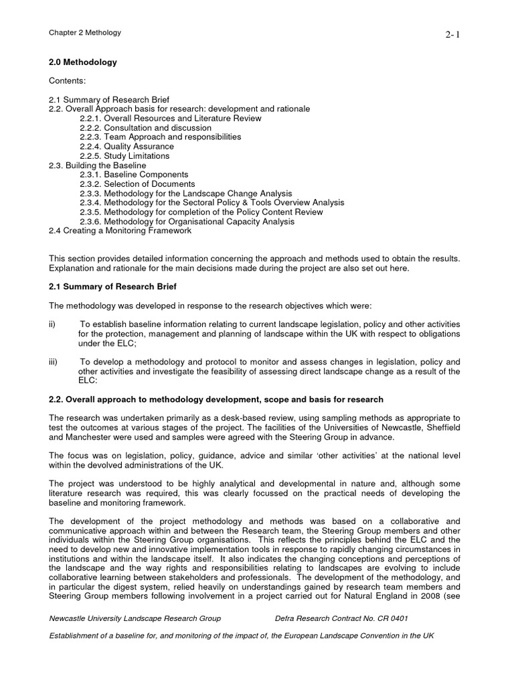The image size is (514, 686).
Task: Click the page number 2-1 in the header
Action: (x=453, y=35)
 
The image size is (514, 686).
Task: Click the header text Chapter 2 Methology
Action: (x=84, y=32)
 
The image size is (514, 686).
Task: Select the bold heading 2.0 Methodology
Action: (x=83, y=62)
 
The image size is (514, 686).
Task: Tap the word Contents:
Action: (x=68, y=80)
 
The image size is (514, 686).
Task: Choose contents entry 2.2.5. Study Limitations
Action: (x=124, y=155)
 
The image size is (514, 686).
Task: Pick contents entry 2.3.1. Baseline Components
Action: (x=134, y=174)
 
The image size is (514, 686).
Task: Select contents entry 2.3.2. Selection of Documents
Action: (x=137, y=184)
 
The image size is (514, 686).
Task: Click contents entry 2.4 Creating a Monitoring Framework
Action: (x=120, y=230)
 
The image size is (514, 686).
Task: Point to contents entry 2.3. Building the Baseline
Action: (x=98, y=165)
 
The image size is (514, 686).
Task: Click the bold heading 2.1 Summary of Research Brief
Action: (x=113, y=287)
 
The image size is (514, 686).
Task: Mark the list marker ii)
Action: (x=53, y=324)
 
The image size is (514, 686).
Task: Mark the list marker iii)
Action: (x=54, y=362)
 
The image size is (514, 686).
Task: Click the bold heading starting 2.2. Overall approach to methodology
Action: (x=216, y=399)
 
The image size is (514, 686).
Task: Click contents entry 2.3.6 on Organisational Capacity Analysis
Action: (x=187, y=221)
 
